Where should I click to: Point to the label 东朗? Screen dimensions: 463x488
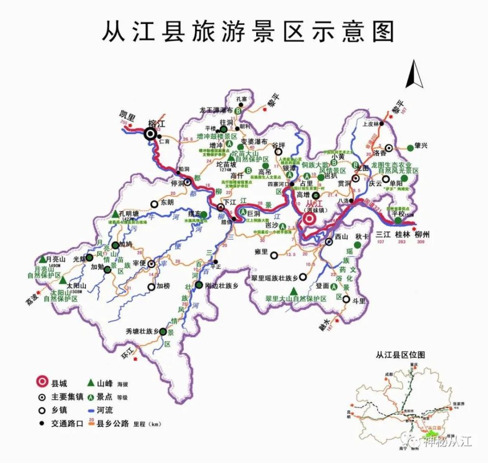coord(167,204)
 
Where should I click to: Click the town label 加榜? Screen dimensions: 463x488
coord(163,287)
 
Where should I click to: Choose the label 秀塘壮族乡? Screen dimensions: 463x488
coord(142,331)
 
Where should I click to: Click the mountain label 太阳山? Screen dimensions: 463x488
coord(77,286)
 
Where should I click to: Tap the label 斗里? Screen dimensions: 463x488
coord(359,301)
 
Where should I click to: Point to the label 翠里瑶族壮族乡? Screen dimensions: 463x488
coord(274,277)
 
